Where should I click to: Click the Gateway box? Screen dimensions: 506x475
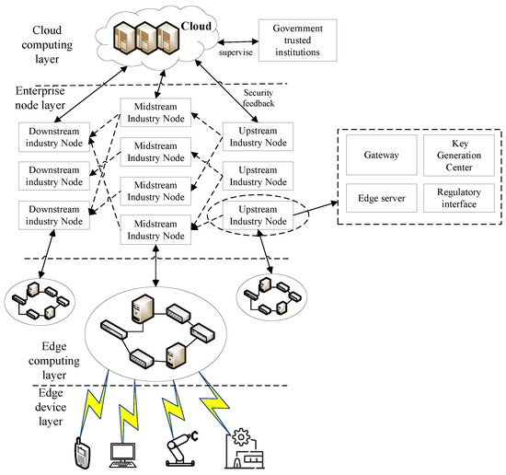tap(382, 155)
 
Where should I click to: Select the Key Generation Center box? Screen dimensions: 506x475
tap(459, 156)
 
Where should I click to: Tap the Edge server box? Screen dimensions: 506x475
tap(382, 198)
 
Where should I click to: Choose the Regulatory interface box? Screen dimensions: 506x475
tap(459, 198)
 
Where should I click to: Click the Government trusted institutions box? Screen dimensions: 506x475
tap(297, 41)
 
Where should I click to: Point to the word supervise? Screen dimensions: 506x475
tap(236, 52)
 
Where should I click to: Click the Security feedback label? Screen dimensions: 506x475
tap(259, 98)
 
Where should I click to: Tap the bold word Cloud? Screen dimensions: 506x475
tap(196, 26)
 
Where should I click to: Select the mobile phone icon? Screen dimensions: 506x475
tap(82, 453)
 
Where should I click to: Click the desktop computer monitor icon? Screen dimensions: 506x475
tap(122, 456)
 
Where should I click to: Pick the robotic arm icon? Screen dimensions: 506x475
tap(181, 448)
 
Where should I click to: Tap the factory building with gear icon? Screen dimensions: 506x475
tap(245, 448)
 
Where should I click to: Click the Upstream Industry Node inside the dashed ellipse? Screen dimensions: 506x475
tap(258, 215)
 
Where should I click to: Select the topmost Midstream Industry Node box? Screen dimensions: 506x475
tap(155, 112)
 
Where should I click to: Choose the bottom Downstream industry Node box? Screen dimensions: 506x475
tap(54, 215)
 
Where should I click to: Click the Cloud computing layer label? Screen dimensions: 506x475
tap(47, 44)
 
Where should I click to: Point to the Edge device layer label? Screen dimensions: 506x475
tap(51, 407)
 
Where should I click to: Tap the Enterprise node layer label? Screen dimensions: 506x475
tap(40, 98)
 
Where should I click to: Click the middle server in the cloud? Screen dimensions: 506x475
tap(146, 38)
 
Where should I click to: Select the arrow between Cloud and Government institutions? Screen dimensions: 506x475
tap(238, 41)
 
